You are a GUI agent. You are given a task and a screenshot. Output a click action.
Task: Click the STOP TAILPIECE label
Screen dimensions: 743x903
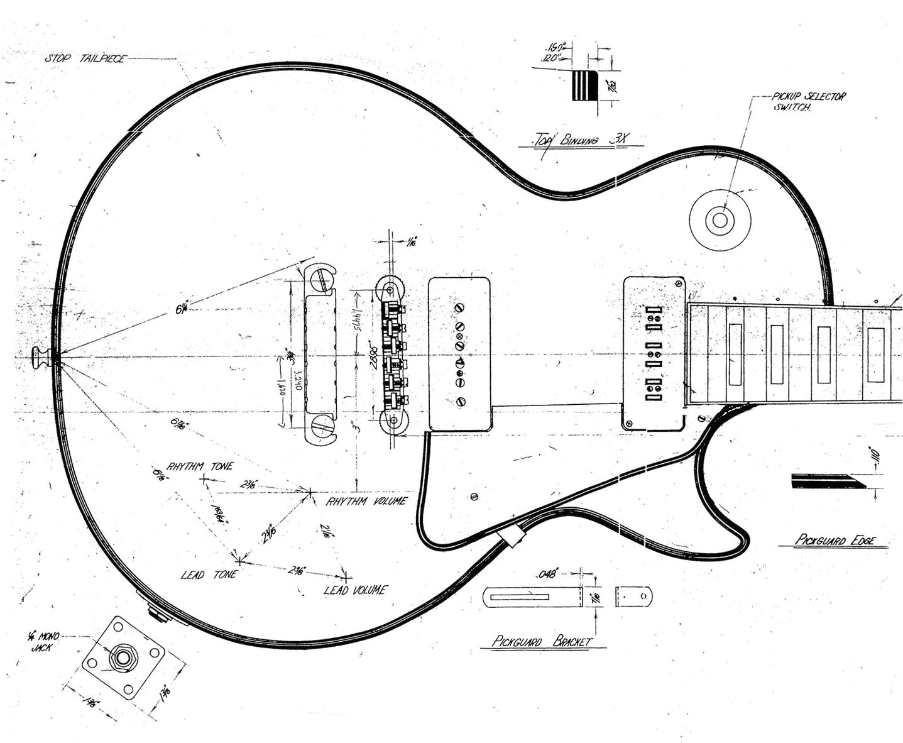(85, 58)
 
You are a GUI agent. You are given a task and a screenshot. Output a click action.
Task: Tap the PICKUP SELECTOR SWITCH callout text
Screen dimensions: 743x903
(809, 101)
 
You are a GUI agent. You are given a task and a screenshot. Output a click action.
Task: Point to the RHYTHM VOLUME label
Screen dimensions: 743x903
(366, 501)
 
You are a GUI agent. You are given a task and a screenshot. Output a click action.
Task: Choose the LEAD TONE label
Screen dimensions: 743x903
(208, 575)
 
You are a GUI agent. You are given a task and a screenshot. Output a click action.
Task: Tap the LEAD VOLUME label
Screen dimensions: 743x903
(355, 590)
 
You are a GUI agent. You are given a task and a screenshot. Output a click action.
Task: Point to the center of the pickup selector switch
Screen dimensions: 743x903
(720, 220)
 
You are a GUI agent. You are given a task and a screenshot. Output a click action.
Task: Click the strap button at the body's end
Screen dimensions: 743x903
(43, 357)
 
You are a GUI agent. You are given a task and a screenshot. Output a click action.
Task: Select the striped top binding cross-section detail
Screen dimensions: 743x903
(583, 85)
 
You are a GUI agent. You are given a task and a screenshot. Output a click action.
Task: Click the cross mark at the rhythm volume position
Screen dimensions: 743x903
(309, 493)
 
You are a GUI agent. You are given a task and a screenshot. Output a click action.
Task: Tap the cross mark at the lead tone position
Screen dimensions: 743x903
(239, 558)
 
